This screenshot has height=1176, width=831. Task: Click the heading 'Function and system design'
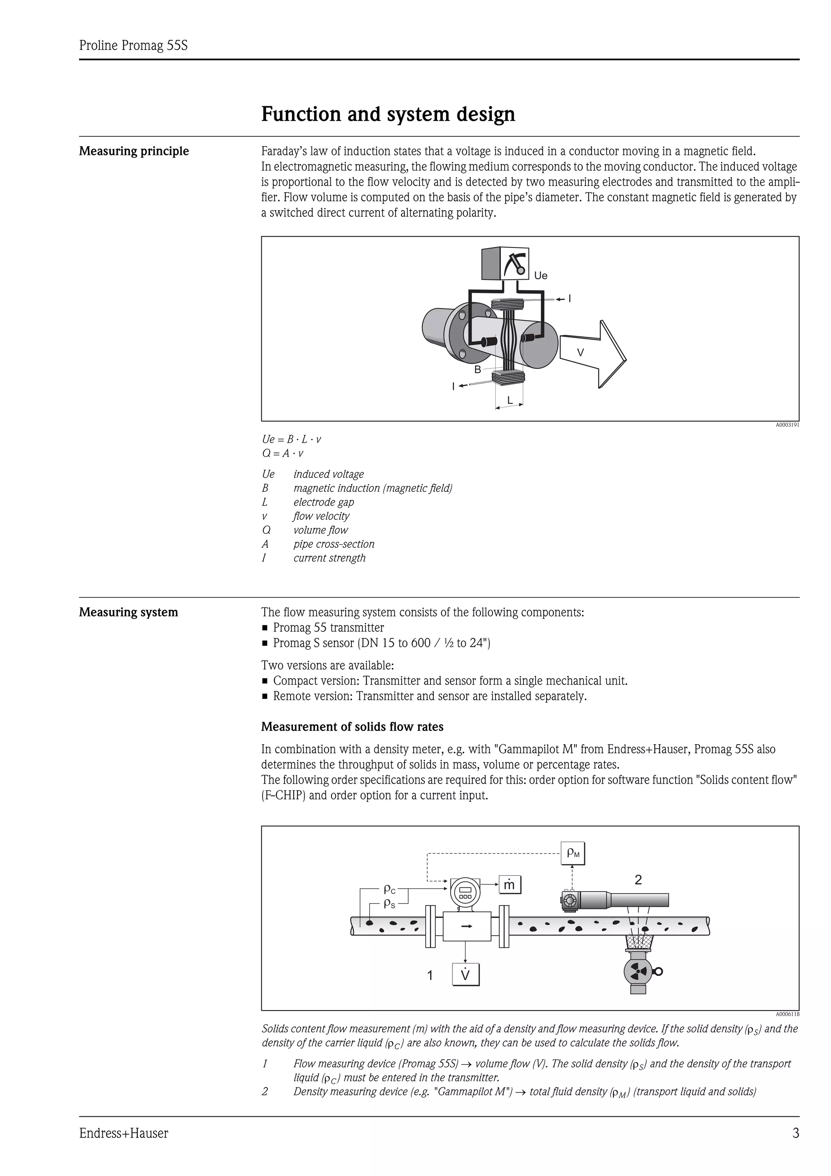388,114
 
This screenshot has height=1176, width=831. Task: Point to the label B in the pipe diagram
477,369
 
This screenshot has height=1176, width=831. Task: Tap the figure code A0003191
787,425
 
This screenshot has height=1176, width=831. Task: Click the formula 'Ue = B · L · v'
291,439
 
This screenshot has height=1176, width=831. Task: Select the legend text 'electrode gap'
323,502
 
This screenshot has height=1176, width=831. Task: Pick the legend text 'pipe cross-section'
334,544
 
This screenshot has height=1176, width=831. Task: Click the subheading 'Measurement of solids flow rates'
352,727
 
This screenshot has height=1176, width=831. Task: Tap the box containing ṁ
510,885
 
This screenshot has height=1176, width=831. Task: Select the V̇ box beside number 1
465,975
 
